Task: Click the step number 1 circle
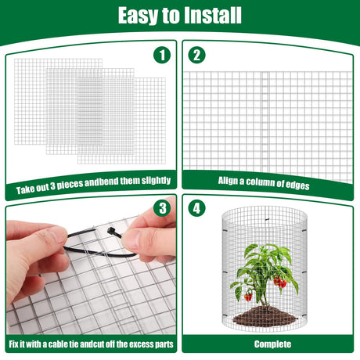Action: tap(162, 55)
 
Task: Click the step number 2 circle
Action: tap(196, 55)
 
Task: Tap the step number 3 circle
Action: tap(162, 208)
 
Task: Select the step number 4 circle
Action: tap(196, 208)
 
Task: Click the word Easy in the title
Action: tap(139, 16)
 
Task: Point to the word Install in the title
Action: tap(212, 15)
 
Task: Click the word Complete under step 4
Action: tap(272, 344)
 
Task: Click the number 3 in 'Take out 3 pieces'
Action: tap(52, 186)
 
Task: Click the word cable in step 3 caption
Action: tap(58, 344)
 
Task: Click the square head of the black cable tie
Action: tap(110, 231)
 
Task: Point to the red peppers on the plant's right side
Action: tap(280, 282)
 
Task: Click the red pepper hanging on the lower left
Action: tap(248, 297)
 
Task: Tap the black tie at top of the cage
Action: tap(267, 219)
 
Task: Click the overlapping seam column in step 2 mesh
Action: tap(265, 121)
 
